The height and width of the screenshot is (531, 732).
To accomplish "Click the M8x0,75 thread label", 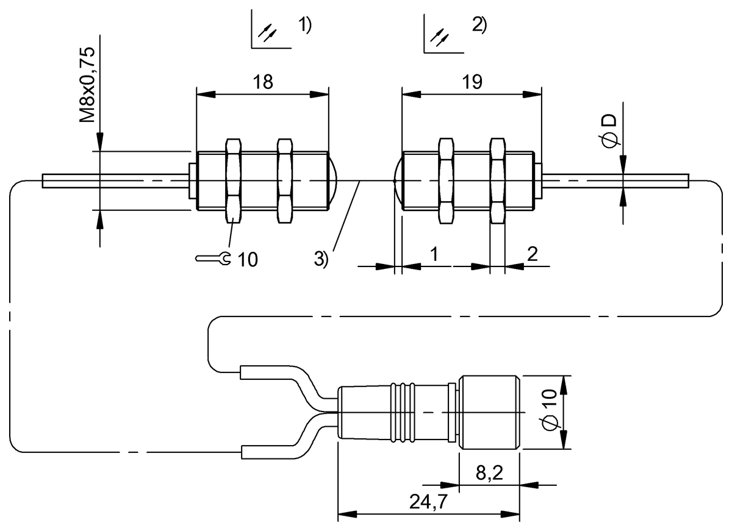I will click(88, 85).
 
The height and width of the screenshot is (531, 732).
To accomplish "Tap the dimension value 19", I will click(472, 82).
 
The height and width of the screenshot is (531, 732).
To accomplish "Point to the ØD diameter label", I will click(610, 129).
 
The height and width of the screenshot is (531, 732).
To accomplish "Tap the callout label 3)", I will click(321, 258).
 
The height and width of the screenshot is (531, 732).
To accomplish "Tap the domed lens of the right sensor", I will click(398, 180).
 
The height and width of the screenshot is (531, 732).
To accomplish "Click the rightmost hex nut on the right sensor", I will click(498, 180).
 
